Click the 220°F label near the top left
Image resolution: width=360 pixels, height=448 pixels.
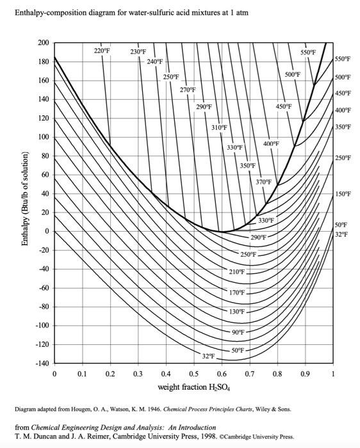click(102, 50)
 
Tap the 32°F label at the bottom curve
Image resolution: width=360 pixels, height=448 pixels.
click(208, 355)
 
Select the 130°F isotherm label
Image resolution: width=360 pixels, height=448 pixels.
click(237, 312)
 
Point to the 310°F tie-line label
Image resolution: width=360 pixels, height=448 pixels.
click(219, 128)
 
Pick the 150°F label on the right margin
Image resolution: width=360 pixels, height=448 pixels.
click(343, 194)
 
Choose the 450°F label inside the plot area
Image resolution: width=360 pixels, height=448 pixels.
click(284, 106)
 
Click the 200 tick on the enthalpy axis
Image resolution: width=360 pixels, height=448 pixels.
click(43, 43)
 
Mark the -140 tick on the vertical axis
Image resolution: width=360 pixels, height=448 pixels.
click(41, 364)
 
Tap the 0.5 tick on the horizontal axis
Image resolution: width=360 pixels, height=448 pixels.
click(194, 373)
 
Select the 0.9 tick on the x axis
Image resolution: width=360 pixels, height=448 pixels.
click(305, 373)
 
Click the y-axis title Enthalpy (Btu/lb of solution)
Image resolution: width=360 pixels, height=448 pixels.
click(25, 203)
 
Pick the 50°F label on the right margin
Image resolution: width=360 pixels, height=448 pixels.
click(341, 225)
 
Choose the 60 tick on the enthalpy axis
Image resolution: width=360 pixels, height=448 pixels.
click(45, 175)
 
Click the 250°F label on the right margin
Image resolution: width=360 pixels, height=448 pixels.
click(343, 157)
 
